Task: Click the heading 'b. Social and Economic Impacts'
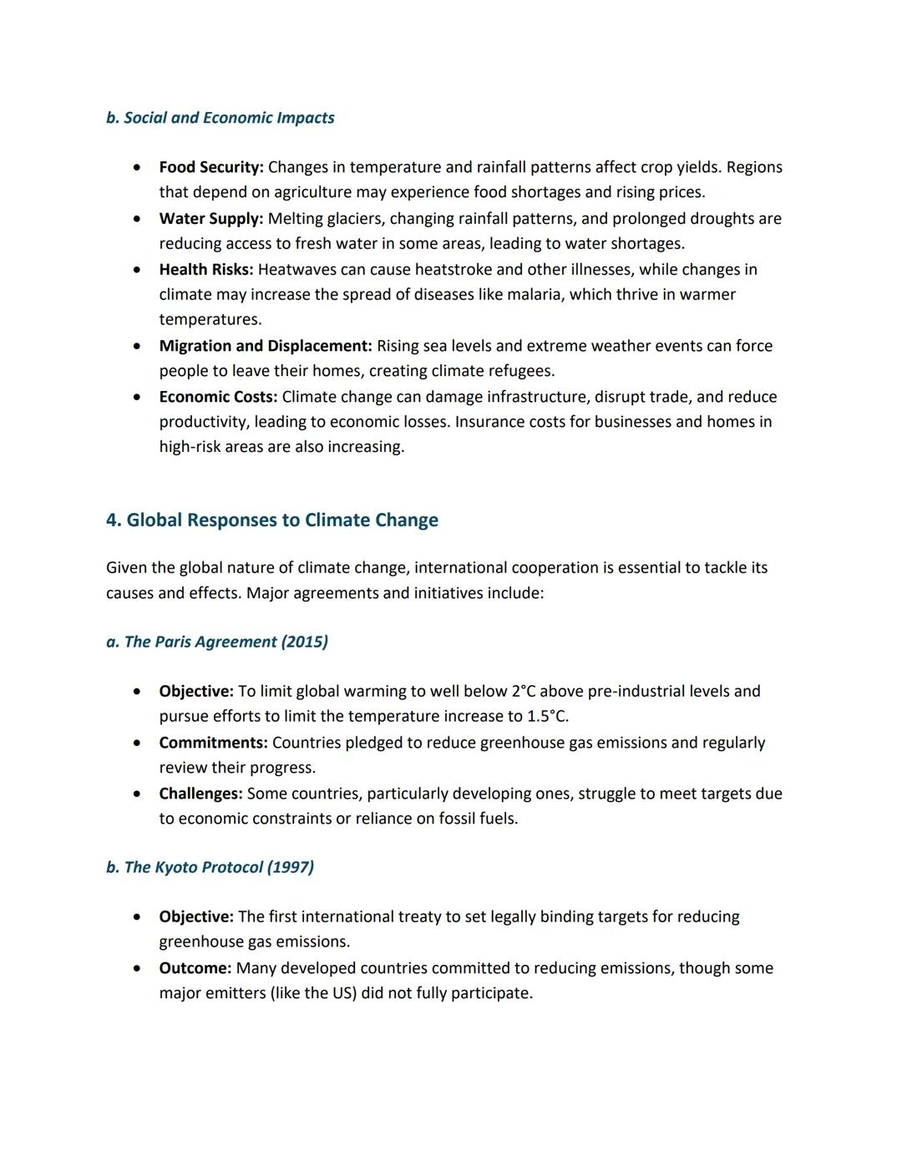(220, 118)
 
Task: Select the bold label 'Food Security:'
(210, 167)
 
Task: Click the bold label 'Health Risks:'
(205, 270)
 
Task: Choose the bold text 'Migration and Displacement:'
(265, 346)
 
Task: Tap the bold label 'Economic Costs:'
(217, 397)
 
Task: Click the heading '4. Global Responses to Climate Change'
(271, 520)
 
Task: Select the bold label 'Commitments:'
(213, 743)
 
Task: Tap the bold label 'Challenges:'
(200, 794)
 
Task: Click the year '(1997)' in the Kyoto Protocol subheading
(290, 867)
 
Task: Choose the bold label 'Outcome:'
(195, 968)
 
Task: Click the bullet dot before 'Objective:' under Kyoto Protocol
(136, 917)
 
